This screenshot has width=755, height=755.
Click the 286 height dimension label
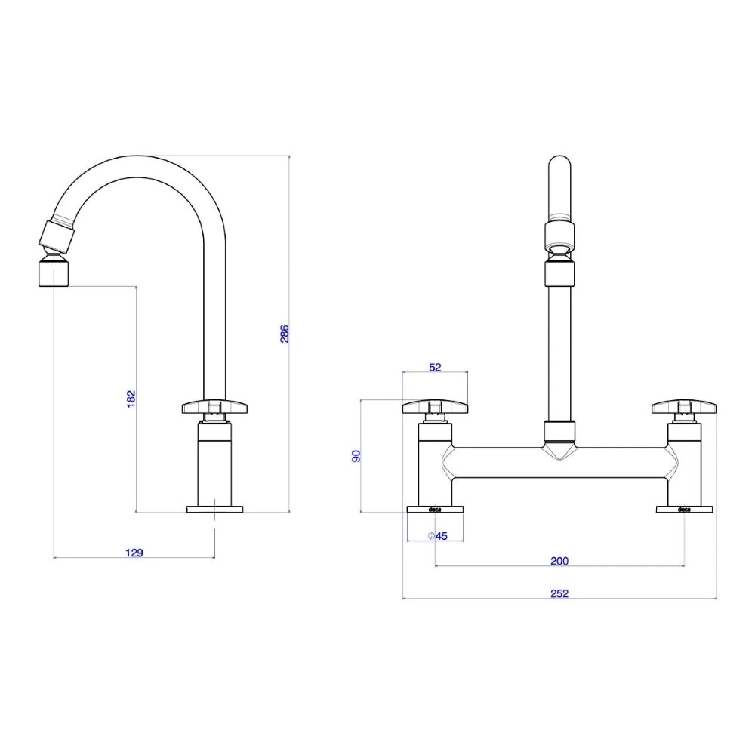285,334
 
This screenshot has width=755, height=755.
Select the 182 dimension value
131,399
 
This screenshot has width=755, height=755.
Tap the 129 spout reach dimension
134,553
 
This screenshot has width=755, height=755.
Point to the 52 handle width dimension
435,367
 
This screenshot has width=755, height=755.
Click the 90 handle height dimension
357,456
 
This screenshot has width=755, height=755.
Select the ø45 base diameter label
438,536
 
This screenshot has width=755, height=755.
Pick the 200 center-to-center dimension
559,561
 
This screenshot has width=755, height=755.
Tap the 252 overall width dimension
559,593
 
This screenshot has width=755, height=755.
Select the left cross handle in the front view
435,408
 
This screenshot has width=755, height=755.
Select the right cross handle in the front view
684,408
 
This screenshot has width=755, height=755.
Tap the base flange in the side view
214,510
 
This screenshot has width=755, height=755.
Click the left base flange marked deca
435,510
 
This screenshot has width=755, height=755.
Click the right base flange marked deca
684,510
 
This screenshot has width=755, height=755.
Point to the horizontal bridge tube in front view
559,462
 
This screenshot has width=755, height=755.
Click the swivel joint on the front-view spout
559,250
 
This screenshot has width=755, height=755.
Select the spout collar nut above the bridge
559,432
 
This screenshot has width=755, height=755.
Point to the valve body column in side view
214,464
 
